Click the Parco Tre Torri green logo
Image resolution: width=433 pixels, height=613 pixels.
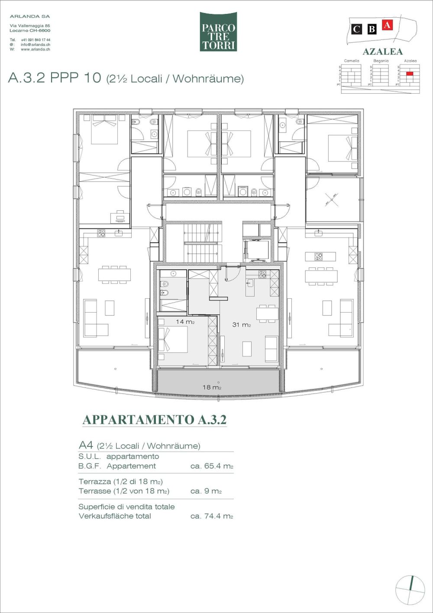click(218, 32)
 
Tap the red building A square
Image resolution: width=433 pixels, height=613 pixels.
click(387, 25)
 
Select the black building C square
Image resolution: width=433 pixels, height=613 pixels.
click(356, 29)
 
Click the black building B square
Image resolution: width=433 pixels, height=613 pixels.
click(372, 29)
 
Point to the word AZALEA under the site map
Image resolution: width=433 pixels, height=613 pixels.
click(382, 52)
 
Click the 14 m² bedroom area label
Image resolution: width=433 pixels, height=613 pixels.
click(185, 322)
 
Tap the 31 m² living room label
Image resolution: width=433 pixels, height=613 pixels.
click(241, 324)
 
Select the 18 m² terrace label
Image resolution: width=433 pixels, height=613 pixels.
click(212, 387)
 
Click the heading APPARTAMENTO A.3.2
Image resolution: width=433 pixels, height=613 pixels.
click(155, 420)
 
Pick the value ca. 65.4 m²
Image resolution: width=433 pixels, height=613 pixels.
click(212, 466)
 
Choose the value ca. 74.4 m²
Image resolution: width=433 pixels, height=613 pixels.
click(212, 516)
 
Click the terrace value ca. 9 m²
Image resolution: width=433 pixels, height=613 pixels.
click(206, 491)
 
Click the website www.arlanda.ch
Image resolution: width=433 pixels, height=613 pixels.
click(35, 49)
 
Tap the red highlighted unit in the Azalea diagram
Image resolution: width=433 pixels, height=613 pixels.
click(410, 74)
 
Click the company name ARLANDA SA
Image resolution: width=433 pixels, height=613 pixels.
click(30, 16)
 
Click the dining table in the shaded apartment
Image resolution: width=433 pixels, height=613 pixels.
click(267, 313)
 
